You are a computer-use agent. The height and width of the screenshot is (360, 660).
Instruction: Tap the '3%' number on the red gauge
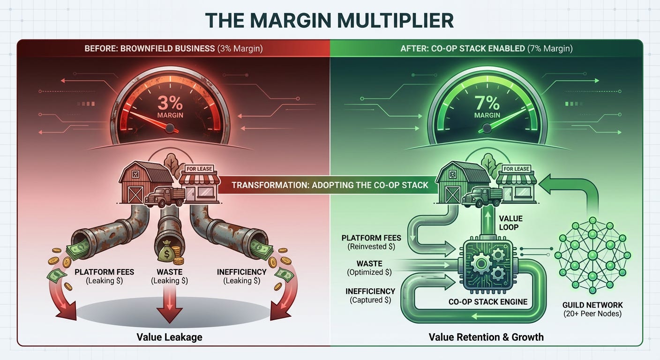(170, 102)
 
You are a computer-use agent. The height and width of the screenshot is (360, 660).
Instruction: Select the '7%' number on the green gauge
(487, 102)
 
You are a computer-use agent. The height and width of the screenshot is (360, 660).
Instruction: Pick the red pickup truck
(164, 197)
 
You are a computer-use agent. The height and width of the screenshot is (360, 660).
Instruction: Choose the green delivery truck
(481, 197)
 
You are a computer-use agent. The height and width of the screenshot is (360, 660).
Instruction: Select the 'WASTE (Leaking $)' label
(169, 276)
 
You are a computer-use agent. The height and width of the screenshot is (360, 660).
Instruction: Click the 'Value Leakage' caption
(169, 337)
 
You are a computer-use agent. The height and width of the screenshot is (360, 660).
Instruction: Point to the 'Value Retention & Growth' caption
(486, 337)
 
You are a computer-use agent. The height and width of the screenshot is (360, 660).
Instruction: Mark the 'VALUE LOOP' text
(510, 223)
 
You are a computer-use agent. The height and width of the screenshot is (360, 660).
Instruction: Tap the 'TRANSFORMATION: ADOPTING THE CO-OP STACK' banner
(330, 185)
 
